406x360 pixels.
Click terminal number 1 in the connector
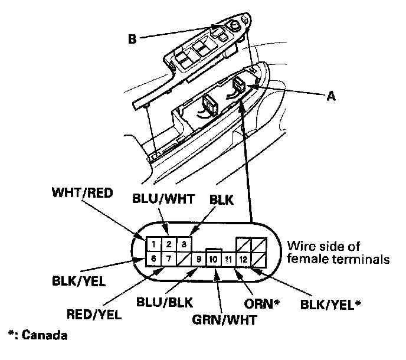coord(153,244)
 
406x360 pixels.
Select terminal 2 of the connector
coord(169,244)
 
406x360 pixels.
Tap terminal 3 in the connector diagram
coord(184,244)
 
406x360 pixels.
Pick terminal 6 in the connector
coord(153,258)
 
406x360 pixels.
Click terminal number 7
coord(169,258)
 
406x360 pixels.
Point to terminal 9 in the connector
coord(199,259)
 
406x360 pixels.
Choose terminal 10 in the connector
coord(214,259)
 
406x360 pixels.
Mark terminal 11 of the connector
coord(228,259)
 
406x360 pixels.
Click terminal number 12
coord(243,259)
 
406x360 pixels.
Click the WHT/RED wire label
coord(83,193)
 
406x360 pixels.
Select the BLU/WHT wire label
coord(163,199)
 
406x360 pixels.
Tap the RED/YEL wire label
coord(94,315)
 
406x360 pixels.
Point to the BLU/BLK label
coord(165,302)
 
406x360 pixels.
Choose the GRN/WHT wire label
coord(224,320)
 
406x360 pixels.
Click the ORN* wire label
coord(262,304)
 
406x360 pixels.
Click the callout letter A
coord(331,96)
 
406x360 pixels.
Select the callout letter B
coord(132,39)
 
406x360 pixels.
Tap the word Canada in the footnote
coord(44,335)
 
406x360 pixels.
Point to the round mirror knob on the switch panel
coord(234,25)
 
